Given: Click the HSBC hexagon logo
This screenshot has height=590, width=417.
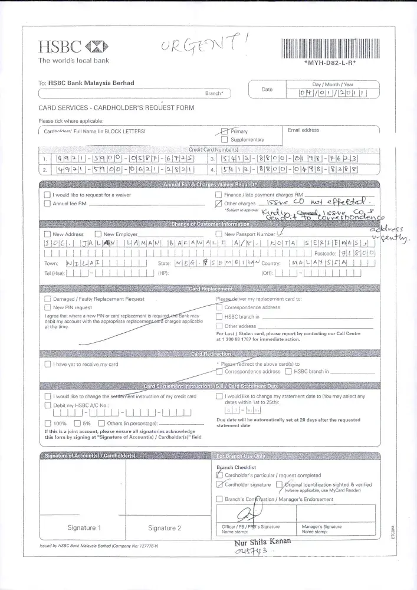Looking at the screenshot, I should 97,47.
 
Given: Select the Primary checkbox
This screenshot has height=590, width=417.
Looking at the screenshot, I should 224,132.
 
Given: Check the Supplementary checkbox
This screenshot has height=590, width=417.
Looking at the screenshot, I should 224,140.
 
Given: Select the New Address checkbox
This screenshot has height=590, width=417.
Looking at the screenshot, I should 47,234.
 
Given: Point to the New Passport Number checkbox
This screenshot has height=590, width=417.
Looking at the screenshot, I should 219,234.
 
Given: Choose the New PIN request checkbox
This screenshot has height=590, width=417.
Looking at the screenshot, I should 47,307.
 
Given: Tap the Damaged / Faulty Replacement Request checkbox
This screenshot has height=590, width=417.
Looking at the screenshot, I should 47,299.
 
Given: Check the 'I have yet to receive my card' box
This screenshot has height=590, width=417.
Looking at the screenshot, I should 47,364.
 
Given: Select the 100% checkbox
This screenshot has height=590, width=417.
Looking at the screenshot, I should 47,423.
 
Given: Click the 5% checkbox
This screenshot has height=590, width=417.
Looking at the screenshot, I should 77,423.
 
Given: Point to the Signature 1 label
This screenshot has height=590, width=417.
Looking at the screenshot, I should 84,527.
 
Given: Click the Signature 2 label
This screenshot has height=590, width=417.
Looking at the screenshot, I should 165,527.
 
